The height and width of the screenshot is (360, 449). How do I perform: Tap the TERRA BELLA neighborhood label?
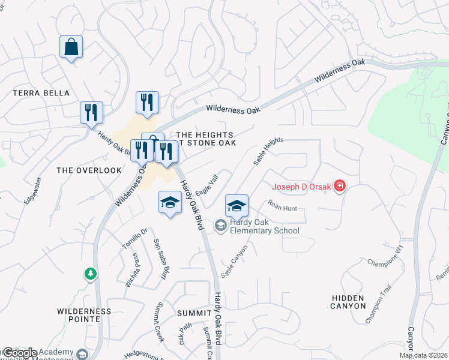(41, 94)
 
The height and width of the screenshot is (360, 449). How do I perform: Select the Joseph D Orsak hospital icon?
(340, 187)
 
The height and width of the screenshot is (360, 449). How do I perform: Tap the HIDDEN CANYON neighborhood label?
(348, 302)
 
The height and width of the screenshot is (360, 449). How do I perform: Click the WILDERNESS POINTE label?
(84, 315)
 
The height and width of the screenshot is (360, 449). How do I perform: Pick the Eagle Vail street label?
(206, 185)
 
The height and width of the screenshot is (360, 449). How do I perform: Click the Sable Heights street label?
(268, 151)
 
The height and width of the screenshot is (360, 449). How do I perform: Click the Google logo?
(20, 353)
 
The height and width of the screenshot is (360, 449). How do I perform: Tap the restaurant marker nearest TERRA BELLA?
(91, 112)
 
